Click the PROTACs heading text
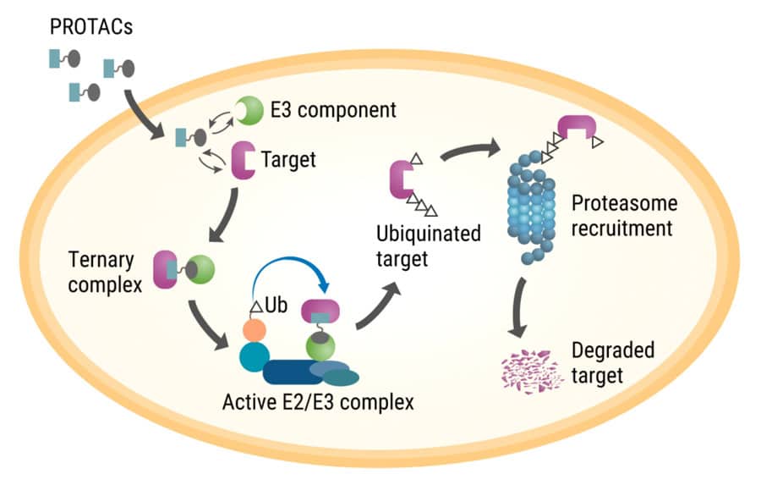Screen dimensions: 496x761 coord(92,27)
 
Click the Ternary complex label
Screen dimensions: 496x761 coord(101,270)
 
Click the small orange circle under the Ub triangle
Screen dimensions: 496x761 coord(253,330)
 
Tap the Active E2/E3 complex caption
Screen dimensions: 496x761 coord(318,400)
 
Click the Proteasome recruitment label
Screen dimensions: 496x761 coord(624,216)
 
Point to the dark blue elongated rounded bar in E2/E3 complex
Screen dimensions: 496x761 coord(293,372)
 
